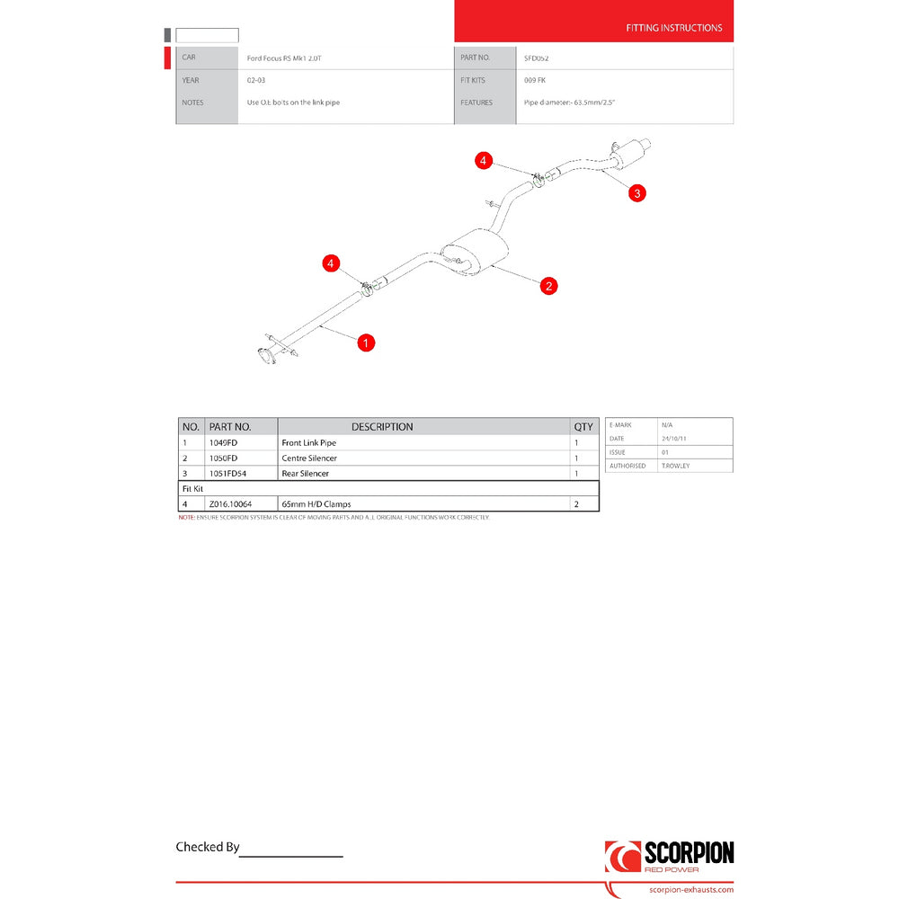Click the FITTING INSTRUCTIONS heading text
coord(673,28)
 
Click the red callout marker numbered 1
coord(366,343)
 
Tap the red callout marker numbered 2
coord(548,286)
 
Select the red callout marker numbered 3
coord(636,192)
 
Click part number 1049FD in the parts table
coord(223,443)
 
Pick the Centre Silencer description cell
coord(309,458)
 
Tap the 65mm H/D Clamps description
coord(316,504)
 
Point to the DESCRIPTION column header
coord(382,427)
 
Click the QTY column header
coord(584,427)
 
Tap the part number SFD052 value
coord(537,58)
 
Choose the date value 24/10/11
coord(674,438)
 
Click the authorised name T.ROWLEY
coord(675,466)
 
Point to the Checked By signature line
coord(291,853)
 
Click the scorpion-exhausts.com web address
coord(690,890)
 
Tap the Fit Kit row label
coord(192,488)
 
